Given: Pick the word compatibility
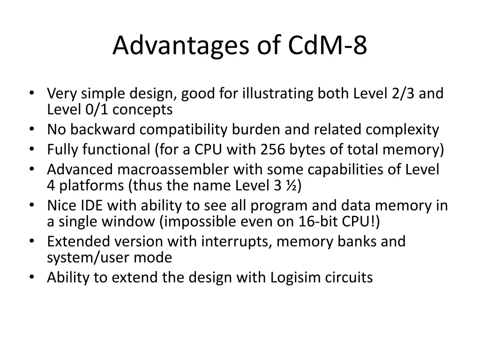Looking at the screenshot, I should pos(193,129).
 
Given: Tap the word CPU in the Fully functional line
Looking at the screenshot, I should pos(210,150).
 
